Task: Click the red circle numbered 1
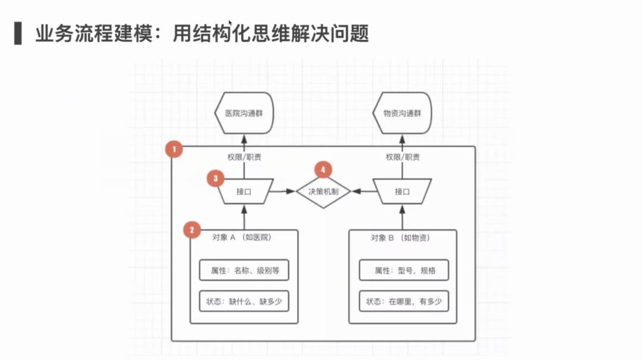pyautogui.click(x=174, y=149)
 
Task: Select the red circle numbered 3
pyautogui.click(x=216, y=178)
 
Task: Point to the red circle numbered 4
pyautogui.click(x=323, y=170)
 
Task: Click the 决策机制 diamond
pyautogui.click(x=324, y=192)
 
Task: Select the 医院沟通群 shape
pyautogui.click(x=244, y=113)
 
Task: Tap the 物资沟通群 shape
pyautogui.click(x=402, y=113)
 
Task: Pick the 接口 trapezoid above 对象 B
pyautogui.click(x=402, y=192)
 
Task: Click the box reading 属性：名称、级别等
pyautogui.click(x=244, y=270)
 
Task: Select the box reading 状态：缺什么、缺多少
pyautogui.click(x=244, y=302)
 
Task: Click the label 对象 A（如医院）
pyautogui.click(x=242, y=237)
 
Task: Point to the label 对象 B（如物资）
pyautogui.click(x=400, y=237)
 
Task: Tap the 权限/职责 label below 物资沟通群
pyautogui.click(x=402, y=158)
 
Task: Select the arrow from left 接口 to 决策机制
pyautogui.click(x=285, y=192)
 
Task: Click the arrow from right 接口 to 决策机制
pyautogui.click(x=363, y=192)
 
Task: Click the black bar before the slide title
pyautogui.click(x=18, y=33)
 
